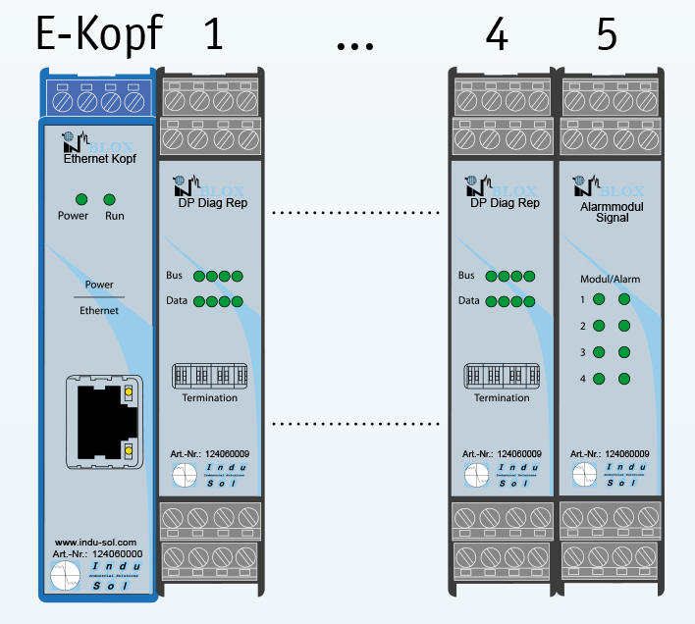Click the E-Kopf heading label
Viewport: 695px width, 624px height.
pos(98,35)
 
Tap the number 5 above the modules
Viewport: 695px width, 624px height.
pos(607,35)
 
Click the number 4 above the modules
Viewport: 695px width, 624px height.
pos(498,35)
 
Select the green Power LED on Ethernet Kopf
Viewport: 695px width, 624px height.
pos(81,198)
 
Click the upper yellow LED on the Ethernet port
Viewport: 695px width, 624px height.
pos(128,393)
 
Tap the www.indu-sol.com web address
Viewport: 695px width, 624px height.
pos(95,542)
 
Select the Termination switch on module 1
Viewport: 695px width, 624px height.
pos(209,376)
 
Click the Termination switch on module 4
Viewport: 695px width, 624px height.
pos(502,376)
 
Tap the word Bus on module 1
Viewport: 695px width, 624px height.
pos(174,276)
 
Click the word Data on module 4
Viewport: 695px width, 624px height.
pos(469,300)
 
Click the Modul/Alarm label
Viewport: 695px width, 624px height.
pos(610,280)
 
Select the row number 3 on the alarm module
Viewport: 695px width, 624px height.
pos(582,352)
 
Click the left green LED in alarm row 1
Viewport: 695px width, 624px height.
pos(598,299)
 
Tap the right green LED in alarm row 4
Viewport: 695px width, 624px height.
pos(623,379)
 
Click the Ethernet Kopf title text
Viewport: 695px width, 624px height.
pos(99,158)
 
